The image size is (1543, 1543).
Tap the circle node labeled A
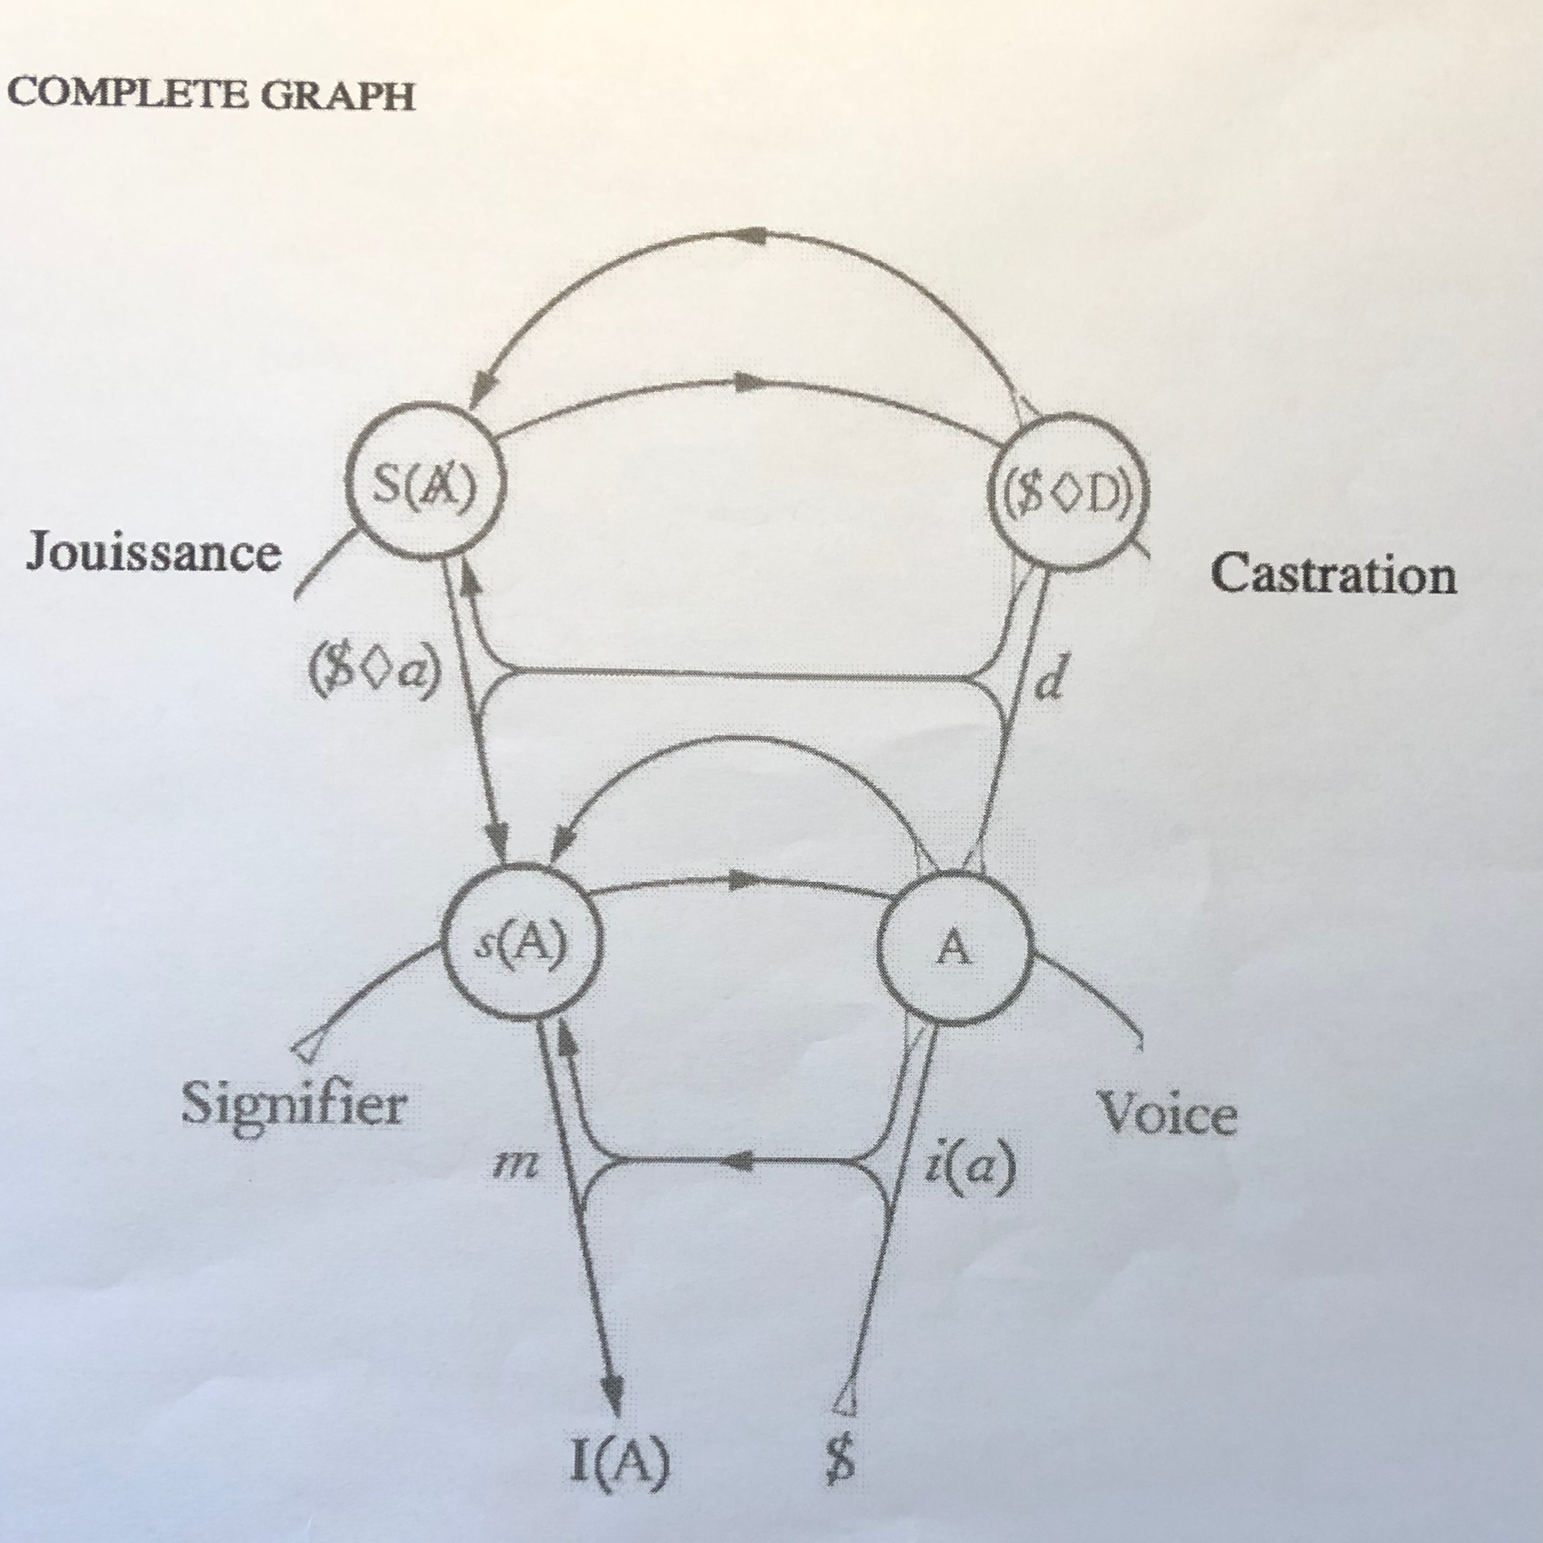[x=955, y=950]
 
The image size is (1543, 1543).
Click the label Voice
[x=1167, y=1113]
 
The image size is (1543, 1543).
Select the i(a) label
[x=967, y=1167]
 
